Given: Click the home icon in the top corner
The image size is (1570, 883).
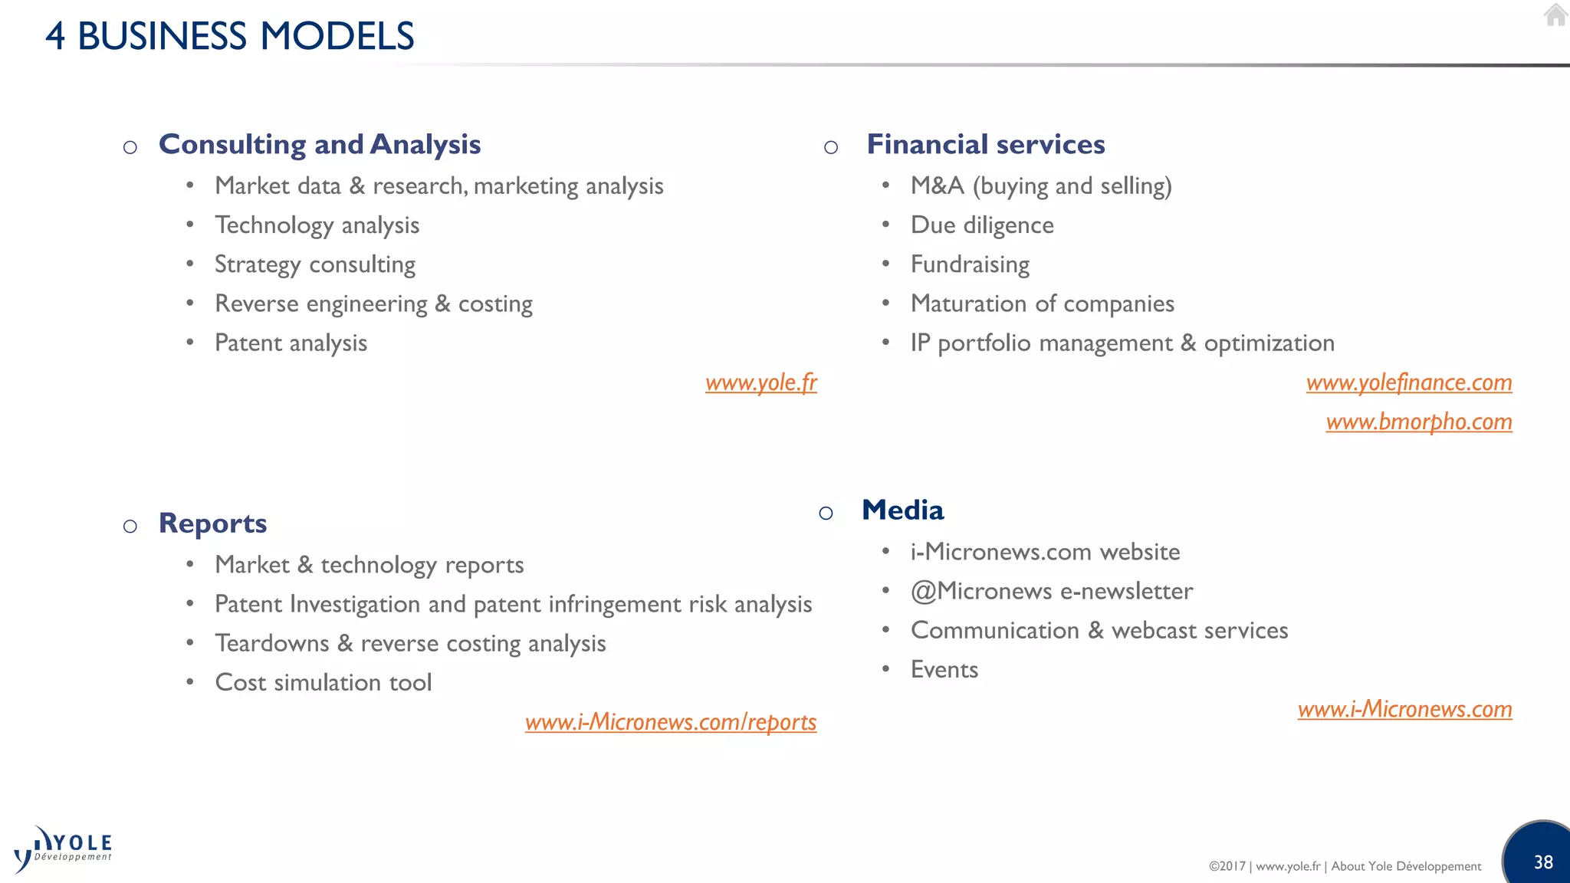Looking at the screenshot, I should click(1555, 15).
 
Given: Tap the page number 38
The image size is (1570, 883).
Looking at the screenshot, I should click(1543, 862).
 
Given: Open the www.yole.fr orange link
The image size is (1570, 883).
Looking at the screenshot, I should click(761, 382).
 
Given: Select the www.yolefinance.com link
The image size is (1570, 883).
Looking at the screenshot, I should click(1409, 382).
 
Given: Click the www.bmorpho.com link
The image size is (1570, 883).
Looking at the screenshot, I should click(1419, 422).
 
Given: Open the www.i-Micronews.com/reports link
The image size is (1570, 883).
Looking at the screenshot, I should click(671, 722).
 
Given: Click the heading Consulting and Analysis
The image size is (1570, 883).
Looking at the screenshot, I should click(320, 144).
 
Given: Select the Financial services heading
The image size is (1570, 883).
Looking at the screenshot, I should click(986, 144).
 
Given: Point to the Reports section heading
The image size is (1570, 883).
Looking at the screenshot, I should click(212, 523).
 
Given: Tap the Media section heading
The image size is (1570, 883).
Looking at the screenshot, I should click(902, 510).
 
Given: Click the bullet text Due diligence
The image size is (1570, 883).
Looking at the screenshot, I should click(982, 225).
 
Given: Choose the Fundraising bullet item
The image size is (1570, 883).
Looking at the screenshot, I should click(970, 264).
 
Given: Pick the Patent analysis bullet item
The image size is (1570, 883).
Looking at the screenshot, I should click(291, 343).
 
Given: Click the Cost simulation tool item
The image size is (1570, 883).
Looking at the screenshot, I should click(323, 682).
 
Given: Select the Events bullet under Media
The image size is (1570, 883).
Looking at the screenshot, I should click(944, 670).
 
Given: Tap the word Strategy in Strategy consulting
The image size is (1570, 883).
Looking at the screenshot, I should click(258, 264).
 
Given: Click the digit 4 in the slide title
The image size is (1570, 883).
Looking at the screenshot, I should click(55, 36).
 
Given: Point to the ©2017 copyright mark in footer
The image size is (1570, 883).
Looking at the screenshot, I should click(1227, 866).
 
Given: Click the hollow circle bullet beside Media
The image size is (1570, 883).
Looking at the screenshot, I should click(826, 513).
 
